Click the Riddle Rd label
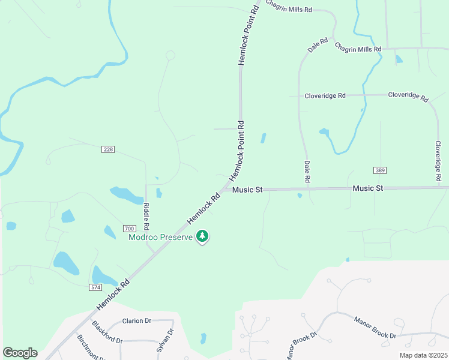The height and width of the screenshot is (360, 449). tap(146, 217)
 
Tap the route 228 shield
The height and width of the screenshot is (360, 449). tap(108, 149)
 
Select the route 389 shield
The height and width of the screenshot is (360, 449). tap(379, 170)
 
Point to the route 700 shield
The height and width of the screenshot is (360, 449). tap(128, 229)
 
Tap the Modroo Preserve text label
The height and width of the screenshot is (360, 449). tap(161, 236)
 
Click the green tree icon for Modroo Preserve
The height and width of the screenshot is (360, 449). tap(203, 236)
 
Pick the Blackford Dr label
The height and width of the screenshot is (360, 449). tap(107, 332)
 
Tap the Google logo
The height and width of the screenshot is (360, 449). tap(20, 353)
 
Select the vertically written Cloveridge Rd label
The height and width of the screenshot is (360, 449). tap(438, 161)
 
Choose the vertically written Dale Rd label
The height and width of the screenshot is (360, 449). tap(307, 172)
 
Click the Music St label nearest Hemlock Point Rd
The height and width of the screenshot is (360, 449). tap(247, 190)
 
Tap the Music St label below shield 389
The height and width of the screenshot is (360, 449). tap(368, 188)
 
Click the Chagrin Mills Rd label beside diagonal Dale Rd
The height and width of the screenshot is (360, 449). tap(358, 47)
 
